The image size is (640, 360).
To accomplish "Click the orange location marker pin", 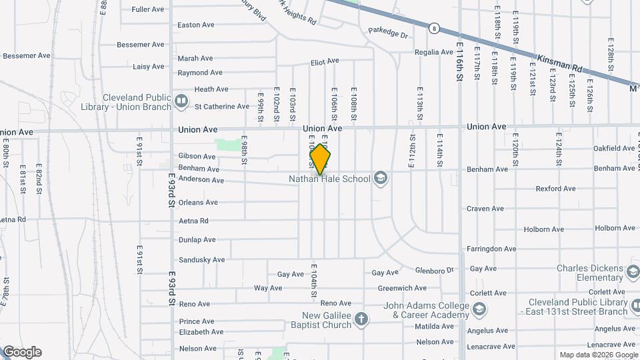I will (321, 159).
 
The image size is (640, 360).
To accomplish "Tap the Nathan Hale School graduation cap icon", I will (381, 178).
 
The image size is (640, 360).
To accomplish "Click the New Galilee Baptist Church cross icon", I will (361, 320).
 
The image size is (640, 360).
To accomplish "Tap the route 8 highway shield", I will (434, 28).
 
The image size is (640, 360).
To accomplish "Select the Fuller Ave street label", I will (148, 9).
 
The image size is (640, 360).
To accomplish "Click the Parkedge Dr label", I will (387, 31).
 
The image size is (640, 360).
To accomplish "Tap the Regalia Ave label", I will (434, 52).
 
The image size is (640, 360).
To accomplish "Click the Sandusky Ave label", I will (197, 259).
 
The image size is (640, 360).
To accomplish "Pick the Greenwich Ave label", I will (402, 289).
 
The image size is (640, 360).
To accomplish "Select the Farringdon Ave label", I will (493, 249).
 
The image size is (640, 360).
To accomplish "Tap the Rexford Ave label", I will (555, 189).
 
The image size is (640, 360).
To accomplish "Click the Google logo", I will (21, 352).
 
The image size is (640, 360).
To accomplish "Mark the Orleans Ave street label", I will (198, 202).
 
